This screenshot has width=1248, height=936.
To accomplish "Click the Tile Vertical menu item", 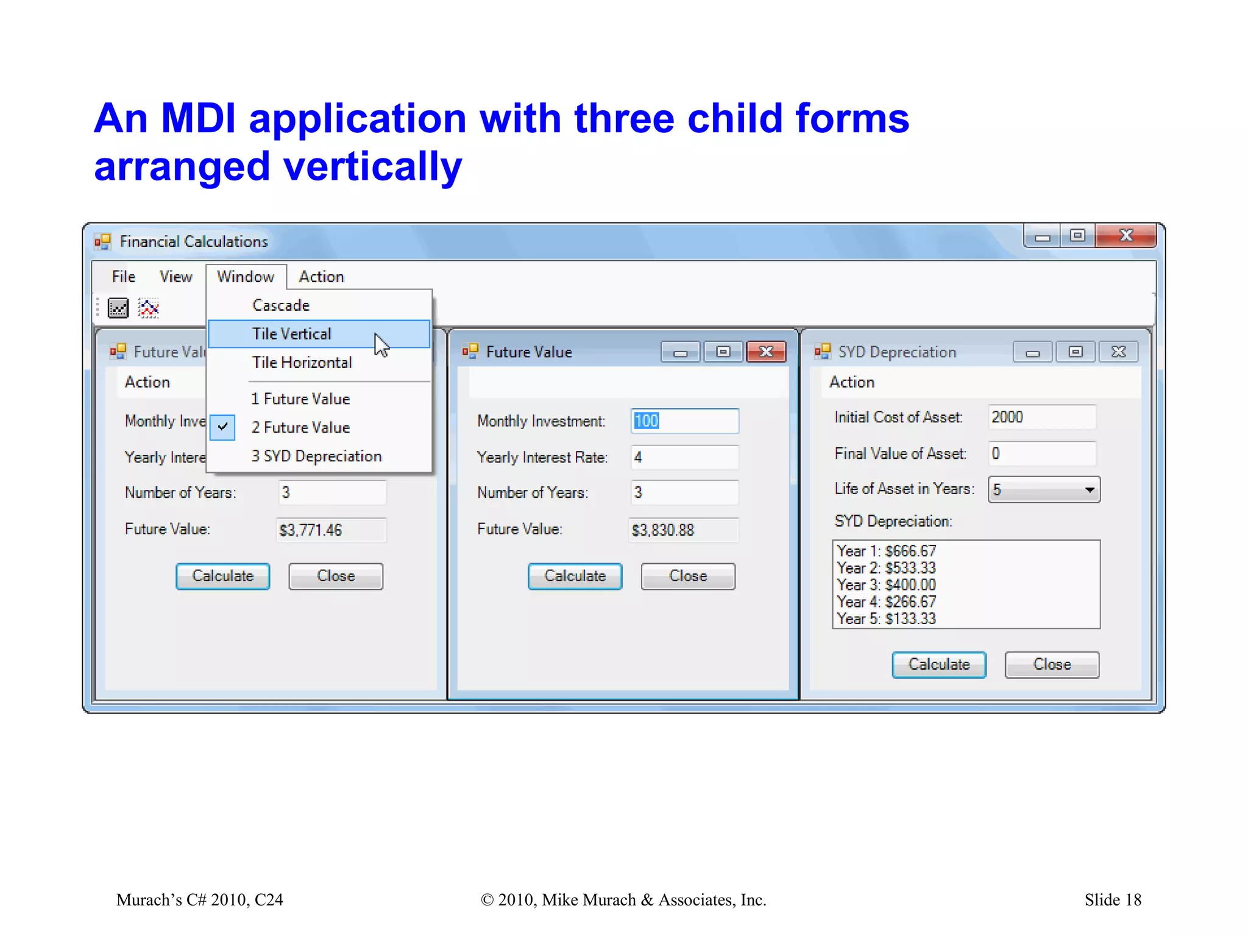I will pyautogui.click(x=292, y=334).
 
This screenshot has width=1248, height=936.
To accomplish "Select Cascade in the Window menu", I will pyautogui.click(x=281, y=305).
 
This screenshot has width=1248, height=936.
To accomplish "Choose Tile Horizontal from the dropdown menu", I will pyautogui.click(x=302, y=363).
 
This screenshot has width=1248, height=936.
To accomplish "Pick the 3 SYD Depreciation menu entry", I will pyautogui.click(x=316, y=456).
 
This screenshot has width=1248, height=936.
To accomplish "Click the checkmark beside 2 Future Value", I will pyautogui.click(x=223, y=427).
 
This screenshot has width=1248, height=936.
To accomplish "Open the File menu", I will pyautogui.click(x=124, y=277).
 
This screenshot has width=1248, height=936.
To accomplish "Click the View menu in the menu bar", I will pyautogui.click(x=175, y=277).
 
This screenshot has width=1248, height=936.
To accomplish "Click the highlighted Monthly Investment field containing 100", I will pyautogui.click(x=684, y=421).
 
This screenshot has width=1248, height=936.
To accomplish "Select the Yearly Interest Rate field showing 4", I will pyautogui.click(x=684, y=457).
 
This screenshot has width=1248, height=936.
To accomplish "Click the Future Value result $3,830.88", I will pyautogui.click(x=683, y=530).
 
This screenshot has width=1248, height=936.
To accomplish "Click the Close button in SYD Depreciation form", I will pyautogui.click(x=1051, y=664).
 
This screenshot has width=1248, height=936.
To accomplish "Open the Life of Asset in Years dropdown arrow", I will pyautogui.click(x=1090, y=490).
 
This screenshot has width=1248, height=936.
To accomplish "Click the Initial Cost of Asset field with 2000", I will pyautogui.click(x=1041, y=417).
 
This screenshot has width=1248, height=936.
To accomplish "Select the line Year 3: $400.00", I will pyautogui.click(x=886, y=585).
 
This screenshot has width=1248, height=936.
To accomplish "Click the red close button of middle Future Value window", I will pyautogui.click(x=766, y=352).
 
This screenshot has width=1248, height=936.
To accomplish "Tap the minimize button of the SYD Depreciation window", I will pyautogui.click(x=1032, y=352).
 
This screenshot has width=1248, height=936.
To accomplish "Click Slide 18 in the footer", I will pyautogui.click(x=1112, y=899).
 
